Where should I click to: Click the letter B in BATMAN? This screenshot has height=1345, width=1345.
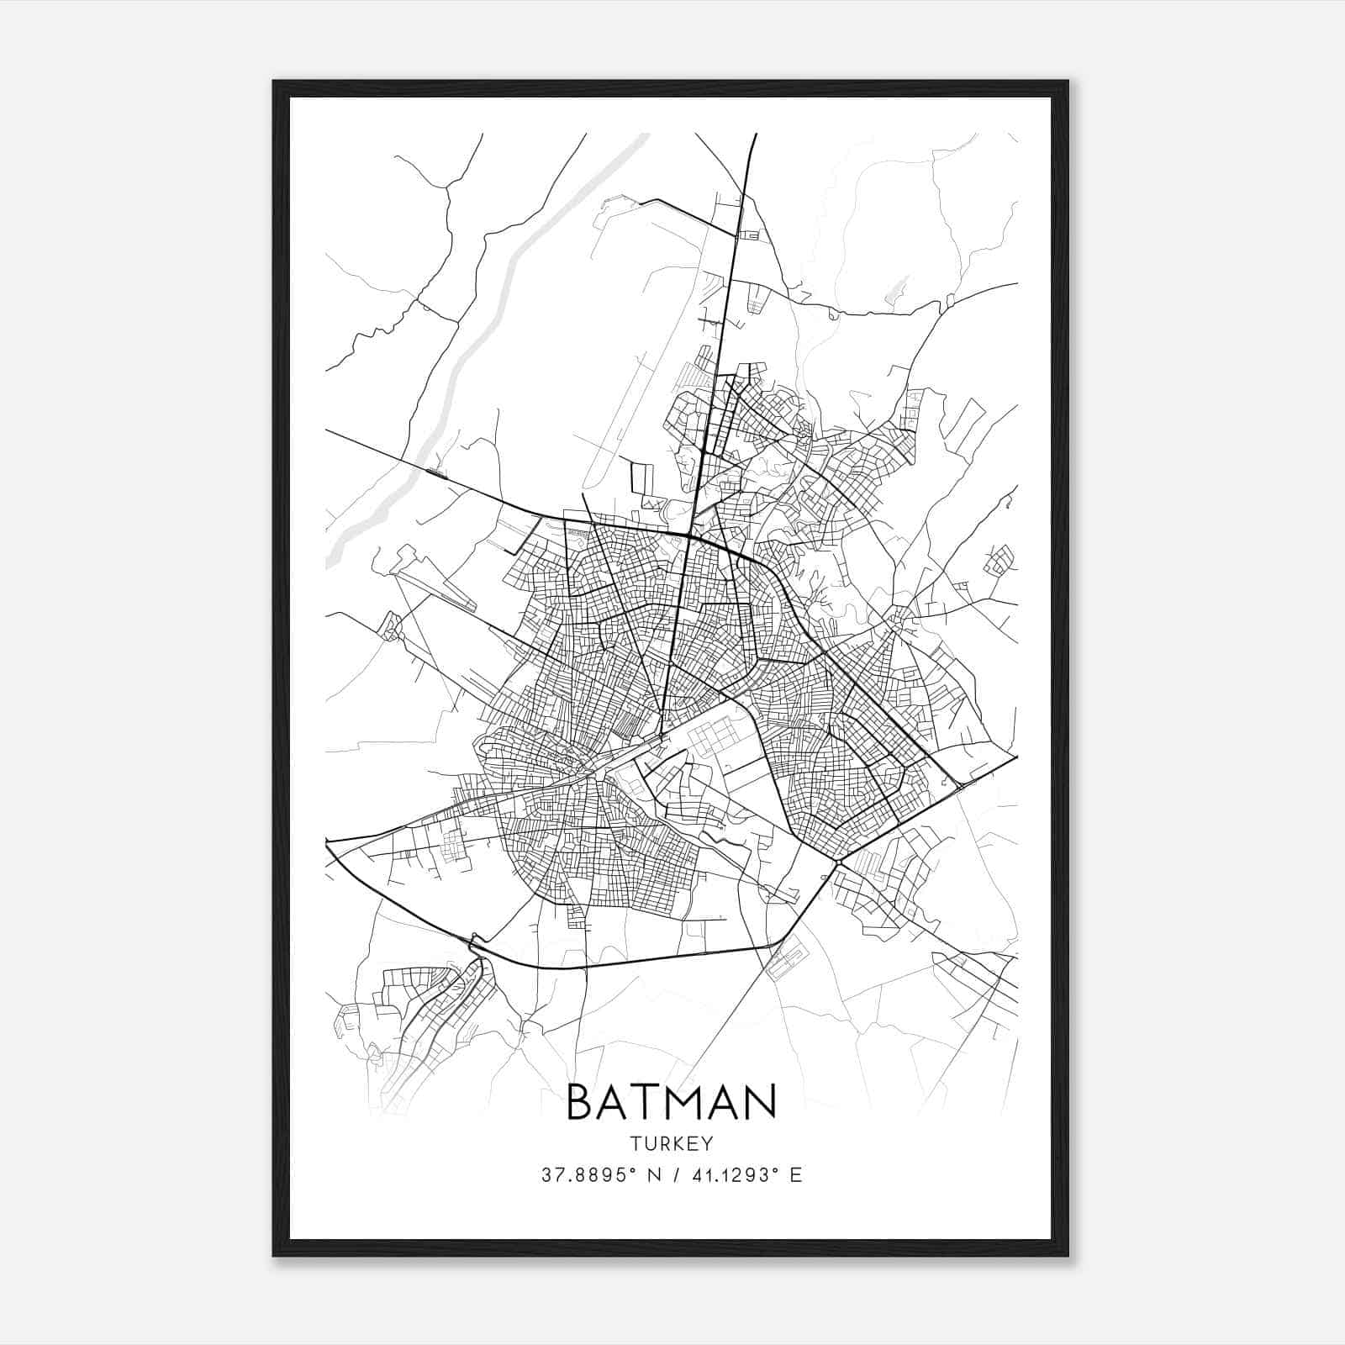point(582,1102)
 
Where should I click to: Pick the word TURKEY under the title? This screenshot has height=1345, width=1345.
point(671,1144)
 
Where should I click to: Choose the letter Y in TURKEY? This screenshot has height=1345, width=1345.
point(708,1144)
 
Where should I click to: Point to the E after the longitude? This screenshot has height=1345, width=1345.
point(796,1175)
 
